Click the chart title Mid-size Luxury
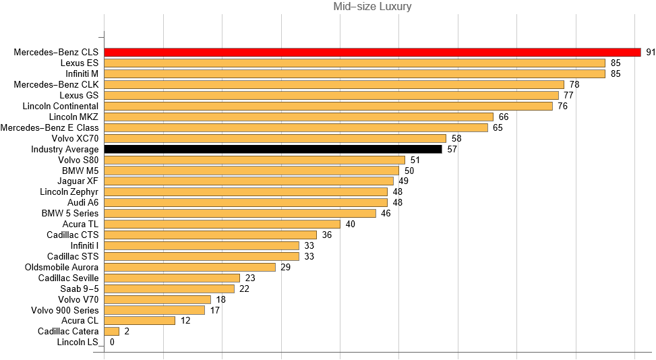click(372, 7)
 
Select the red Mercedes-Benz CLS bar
click(372, 52)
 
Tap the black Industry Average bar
click(272, 149)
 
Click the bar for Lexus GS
click(332, 95)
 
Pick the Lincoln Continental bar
click(328, 106)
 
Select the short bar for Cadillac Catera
click(112, 331)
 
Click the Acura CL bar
click(140, 320)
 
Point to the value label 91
click(651, 52)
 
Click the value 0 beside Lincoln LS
click(112, 342)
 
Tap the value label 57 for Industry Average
click(452, 149)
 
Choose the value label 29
click(285, 267)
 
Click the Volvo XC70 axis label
click(75, 138)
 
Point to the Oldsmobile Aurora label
click(61, 267)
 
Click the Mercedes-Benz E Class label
click(49, 127)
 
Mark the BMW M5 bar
click(251, 171)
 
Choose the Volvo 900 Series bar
click(154, 310)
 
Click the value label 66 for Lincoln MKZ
click(503, 117)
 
